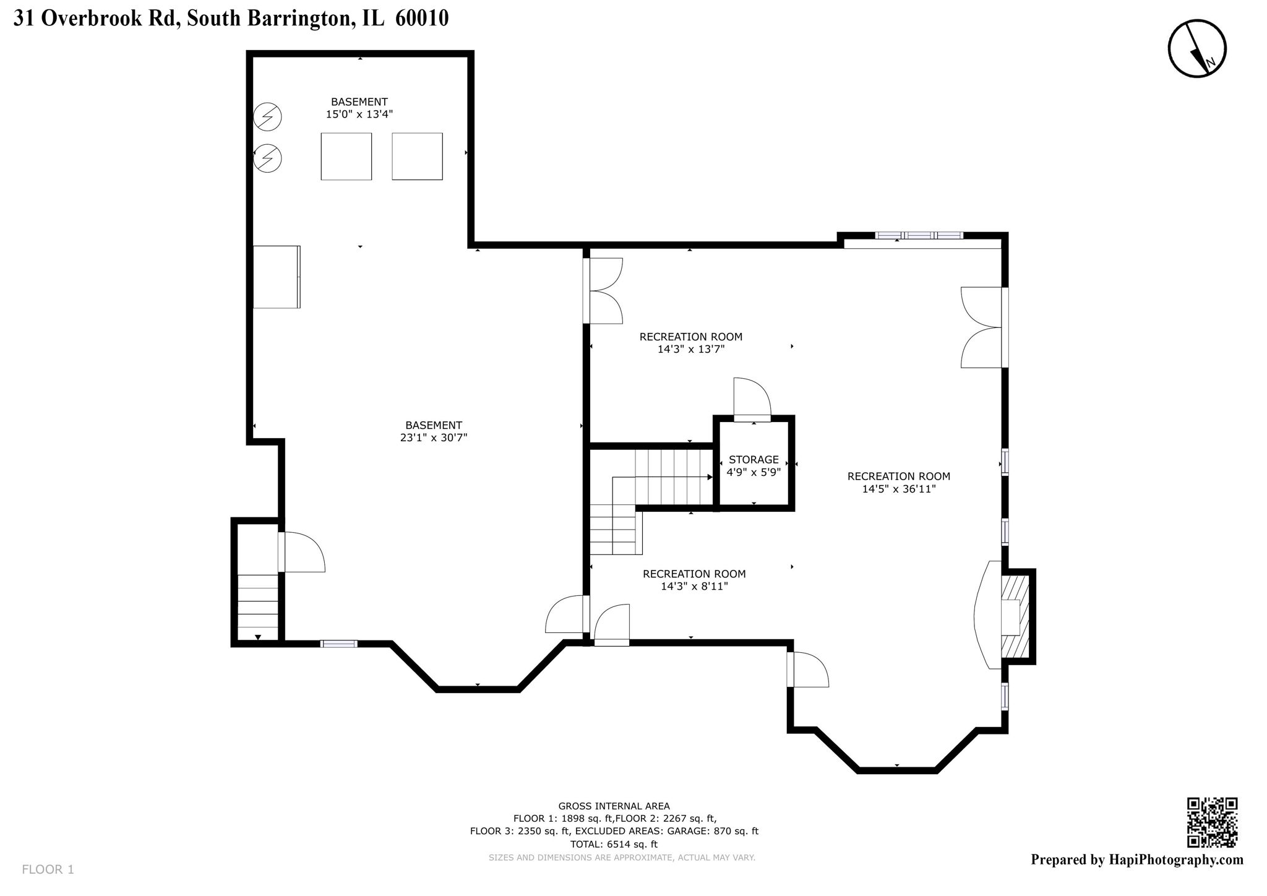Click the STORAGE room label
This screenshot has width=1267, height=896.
[754, 460]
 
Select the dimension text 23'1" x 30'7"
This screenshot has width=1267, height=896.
[433, 437]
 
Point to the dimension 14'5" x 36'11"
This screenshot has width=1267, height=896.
[898, 489]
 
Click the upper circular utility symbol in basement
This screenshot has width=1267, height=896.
[268, 116]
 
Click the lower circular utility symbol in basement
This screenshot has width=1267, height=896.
[268, 158]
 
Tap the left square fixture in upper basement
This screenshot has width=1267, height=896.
[346, 157]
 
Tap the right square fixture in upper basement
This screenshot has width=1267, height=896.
[417, 157]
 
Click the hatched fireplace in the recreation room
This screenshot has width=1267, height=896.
[1016, 616]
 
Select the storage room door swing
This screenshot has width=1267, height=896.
[752, 400]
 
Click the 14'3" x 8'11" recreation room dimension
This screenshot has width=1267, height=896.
[694, 586]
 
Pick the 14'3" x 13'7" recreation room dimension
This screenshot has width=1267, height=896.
[690, 349]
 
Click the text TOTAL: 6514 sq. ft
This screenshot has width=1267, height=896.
[614, 844]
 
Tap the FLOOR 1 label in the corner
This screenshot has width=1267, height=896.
[48, 869]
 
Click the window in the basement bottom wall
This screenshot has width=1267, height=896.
[339, 644]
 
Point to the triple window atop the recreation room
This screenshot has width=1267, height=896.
[919, 235]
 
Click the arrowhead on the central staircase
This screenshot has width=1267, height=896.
[710, 477]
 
